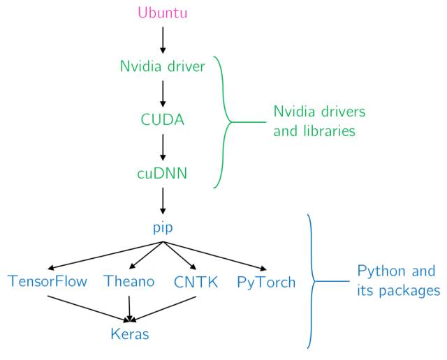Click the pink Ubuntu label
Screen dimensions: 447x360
coord(163,13)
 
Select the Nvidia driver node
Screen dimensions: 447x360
coord(163,66)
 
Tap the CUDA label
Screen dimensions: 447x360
coord(163,119)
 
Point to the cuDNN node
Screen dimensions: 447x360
coord(162,173)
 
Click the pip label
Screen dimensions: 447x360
coord(163,228)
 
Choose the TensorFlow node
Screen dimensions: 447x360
coord(47,281)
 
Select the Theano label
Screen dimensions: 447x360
coord(129,281)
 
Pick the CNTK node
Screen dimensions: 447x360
coord(196,282)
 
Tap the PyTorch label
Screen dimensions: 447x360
coord(266,283)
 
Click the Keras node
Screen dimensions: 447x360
coord(130,333)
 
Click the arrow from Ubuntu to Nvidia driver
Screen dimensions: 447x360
coord(163,40)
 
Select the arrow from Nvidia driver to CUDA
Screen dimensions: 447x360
coord(163,93)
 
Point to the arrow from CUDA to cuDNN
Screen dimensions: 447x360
coord(163,147)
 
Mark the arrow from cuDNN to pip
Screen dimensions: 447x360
coord(163,201)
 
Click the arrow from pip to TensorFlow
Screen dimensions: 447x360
coord(105,255)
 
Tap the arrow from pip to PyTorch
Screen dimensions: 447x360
coord(214,255)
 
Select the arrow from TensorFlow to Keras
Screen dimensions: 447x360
coord(89,309)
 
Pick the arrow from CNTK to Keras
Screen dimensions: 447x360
coord(163,309)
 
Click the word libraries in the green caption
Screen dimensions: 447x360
coord(329,131)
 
